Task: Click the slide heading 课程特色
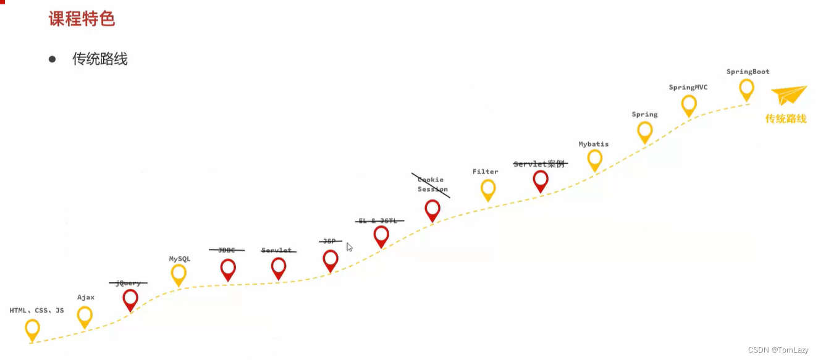click(82, 19)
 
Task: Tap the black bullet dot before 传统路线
click(52, 59)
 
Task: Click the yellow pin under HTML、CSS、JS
click(32, 329)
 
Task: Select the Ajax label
click(86, 298)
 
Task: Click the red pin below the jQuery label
click(130, 299)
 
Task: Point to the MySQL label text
click(180, 259)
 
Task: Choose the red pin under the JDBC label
click(228, 268)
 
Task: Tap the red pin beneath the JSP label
click(331, 259)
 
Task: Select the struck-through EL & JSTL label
click(381, 221)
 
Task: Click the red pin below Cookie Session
click(432, 209)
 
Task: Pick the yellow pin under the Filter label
click(488, 188)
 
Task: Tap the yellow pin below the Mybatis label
click(594, 159)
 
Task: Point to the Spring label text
click(644, 115)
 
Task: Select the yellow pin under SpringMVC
click(689, 104)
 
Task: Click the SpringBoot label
click(748, 72)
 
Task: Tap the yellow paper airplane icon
click(788, 95)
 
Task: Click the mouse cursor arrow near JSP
click(349, 247)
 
